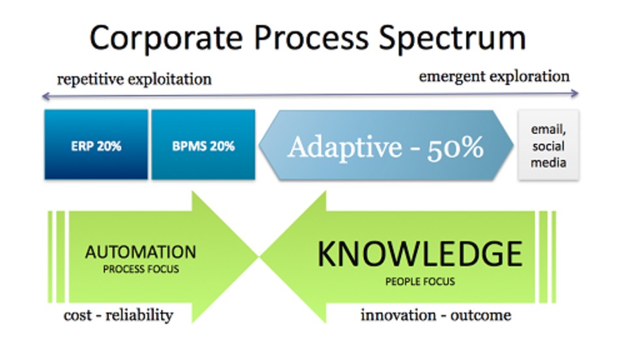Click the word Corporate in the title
click(x=166, y=38)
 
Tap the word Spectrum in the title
click(x=452, y=39)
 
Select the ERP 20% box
click(x=96, y=145)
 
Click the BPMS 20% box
click(x=203, y=145)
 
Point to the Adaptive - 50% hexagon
click(x=386, y=145)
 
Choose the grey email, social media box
click(x=548, y=145)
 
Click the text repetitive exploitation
click(x=134, y=79)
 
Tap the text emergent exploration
click(x=494, y=77)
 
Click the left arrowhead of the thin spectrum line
click(x=43, y=96)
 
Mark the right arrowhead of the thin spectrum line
click(x=577, y=93)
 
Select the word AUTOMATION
click(x=141, y=252)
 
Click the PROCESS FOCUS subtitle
click(x=141, y=269)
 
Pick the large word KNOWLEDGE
click(x=420, y=253)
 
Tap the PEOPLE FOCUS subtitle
click(x=420, y=281)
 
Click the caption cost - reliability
click(x=118, y=315)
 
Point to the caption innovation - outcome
click(x=436, y=315)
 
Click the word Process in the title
click(x=311, y=38)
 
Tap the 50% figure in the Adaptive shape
click(x=456, y=148)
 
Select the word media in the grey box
click(x=548, y=163)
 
